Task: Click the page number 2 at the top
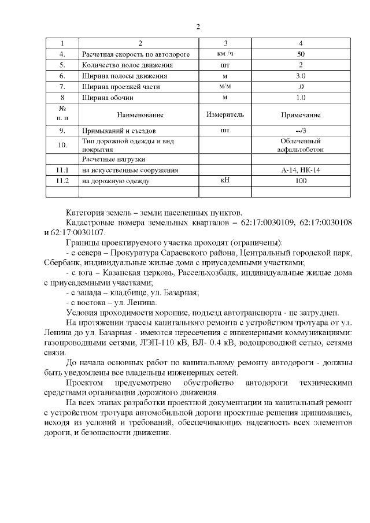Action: click(x=198, y=27)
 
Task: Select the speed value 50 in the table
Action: click(x=300, y=54)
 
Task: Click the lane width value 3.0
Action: click(x=300, y=76)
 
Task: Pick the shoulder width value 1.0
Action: click(x=300, y=97)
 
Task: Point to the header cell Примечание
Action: click(x=300, y=115)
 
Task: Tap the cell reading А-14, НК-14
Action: click(x=300, y=170)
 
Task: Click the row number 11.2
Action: click(x=62, y=181)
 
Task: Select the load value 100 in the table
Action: click(x=300, y=181)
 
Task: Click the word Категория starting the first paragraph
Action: click(x=85, y=212)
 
